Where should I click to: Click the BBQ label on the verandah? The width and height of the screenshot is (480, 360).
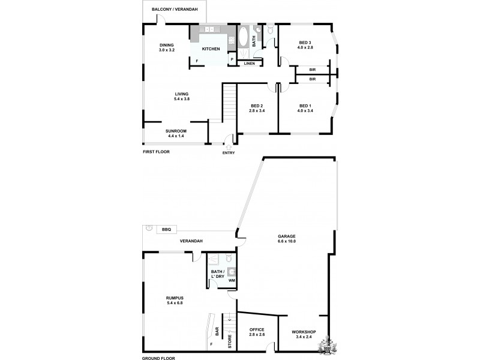click(165, 230)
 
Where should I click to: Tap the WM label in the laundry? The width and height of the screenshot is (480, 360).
click(232, 281)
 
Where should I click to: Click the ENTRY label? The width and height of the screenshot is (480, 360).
click(229, 152)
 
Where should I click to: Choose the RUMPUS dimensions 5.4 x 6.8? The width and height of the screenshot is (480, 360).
click(175, 303)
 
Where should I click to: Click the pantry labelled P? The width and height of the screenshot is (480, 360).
click(232, 59)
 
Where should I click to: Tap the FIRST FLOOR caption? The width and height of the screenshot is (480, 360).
click(156, 152)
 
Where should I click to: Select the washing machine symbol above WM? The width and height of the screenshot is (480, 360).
click(232, 271)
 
